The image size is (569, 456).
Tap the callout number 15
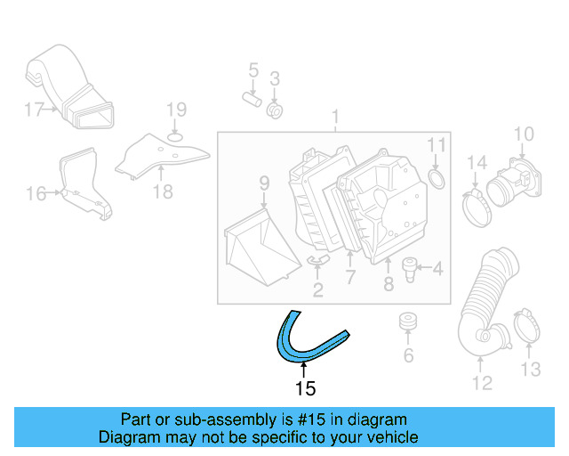tap(305, 388)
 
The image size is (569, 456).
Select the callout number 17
tap(33, 110)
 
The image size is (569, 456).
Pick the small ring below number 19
tap(176, 136)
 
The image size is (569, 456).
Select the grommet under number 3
tap(275, 111)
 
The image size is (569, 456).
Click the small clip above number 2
tap(317, 260)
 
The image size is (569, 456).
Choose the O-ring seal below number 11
tap(437, 182)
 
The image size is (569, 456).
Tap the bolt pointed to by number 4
tap(410, 267)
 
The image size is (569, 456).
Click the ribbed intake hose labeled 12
tap(485, 303)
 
